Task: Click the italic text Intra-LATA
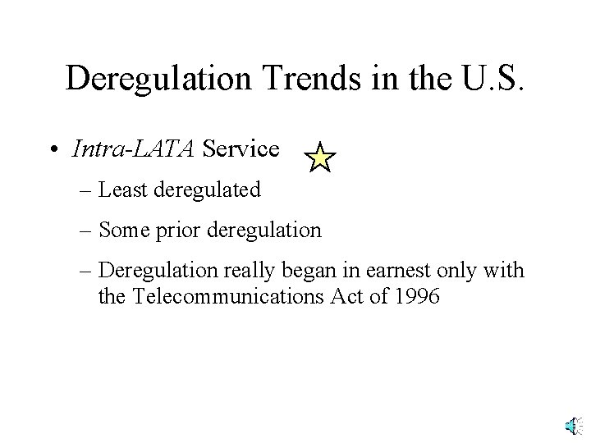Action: click(134, 149)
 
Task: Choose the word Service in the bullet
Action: click(241, 149)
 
